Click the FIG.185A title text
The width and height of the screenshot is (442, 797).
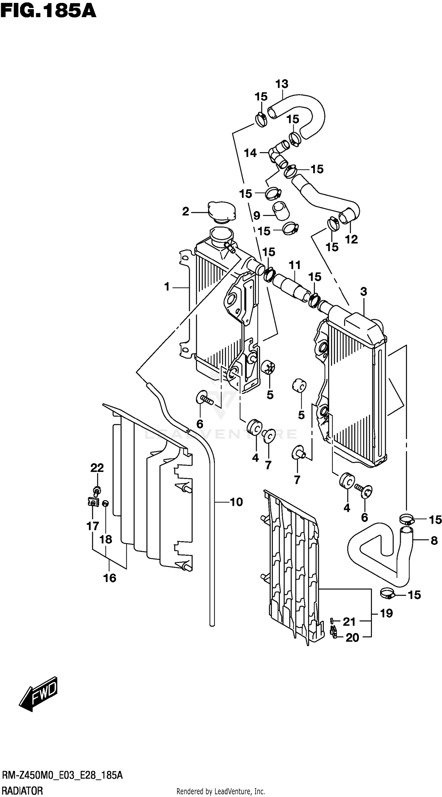pyautogui.click(x=48, y=11)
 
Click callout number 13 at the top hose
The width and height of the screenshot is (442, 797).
pyautogui.click(x=282, y=84)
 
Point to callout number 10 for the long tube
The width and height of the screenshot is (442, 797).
pyautogui.click(x=236, y=502)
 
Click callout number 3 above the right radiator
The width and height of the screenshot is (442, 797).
pyautogui.click(x=363, y=291)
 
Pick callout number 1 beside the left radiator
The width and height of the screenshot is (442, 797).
pyautogui.click(x=167, y=287)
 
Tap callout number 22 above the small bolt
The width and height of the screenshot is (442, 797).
pyautogui.click(x=97, y=468)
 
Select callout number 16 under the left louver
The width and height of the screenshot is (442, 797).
pyautogui.click(x=110, y=578)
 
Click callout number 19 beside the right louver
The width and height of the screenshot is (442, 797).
pyautogui.click(x=386, y=613)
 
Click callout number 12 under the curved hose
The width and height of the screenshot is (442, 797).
pyautogui.click(x=351, y=239)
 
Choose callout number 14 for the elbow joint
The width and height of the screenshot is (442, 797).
pyautogui.click(x=250, y=153)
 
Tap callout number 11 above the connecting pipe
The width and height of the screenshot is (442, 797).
pyautogui.click(x=295, y=265)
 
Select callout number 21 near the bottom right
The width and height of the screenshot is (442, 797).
pyautogui.click(x=349, y=621)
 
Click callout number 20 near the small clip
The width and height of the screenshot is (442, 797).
pyautogui.click(x=352, y=638)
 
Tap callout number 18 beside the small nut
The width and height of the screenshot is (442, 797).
pyautogui.click(x=105, y=539)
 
